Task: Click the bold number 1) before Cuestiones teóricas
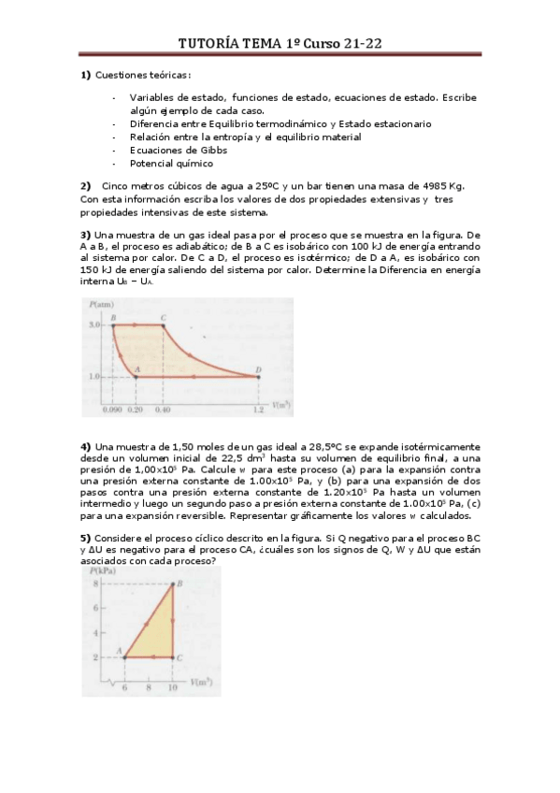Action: click(85, 75)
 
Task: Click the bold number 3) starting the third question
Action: click(85, 234)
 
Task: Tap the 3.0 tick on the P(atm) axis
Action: click(95, 324)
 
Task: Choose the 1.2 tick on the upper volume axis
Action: click(257, 409)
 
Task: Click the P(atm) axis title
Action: click(102, 306)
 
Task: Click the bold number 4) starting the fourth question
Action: click(85, 446)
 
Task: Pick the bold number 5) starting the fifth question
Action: click(85, 538)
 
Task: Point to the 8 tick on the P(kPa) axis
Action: click(95, 584)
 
